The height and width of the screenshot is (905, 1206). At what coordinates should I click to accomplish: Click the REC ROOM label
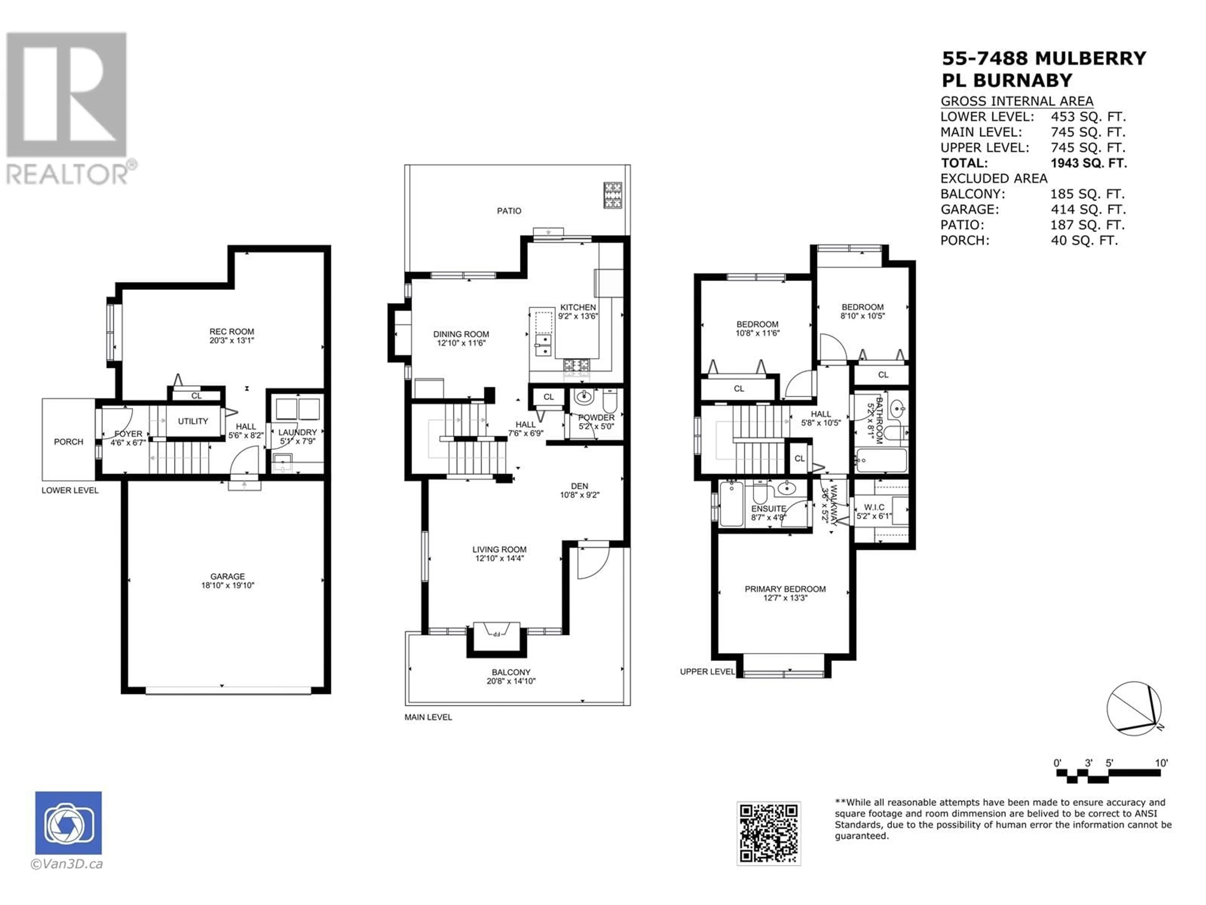point(232,332)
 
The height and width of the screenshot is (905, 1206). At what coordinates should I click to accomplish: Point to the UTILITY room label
point(193,421)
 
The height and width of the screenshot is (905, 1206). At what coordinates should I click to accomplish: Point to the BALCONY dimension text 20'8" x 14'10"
point(511,681)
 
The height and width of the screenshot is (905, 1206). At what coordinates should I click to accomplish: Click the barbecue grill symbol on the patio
point(613,195)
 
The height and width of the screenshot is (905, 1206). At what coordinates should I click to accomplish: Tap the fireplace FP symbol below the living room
point(497,634)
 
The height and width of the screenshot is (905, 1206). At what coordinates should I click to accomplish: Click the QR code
point(769,833)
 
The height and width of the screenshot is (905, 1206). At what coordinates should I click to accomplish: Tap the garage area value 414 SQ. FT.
point(1088,210)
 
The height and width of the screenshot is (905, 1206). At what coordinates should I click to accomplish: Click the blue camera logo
point(69,823)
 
